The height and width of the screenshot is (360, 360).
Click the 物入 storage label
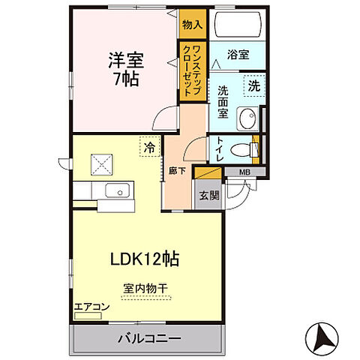point(192,25)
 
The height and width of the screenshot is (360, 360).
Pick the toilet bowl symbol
point(241,148)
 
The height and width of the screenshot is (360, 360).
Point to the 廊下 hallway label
point(172,169)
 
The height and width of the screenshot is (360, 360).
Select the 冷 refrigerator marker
point(150,148)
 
